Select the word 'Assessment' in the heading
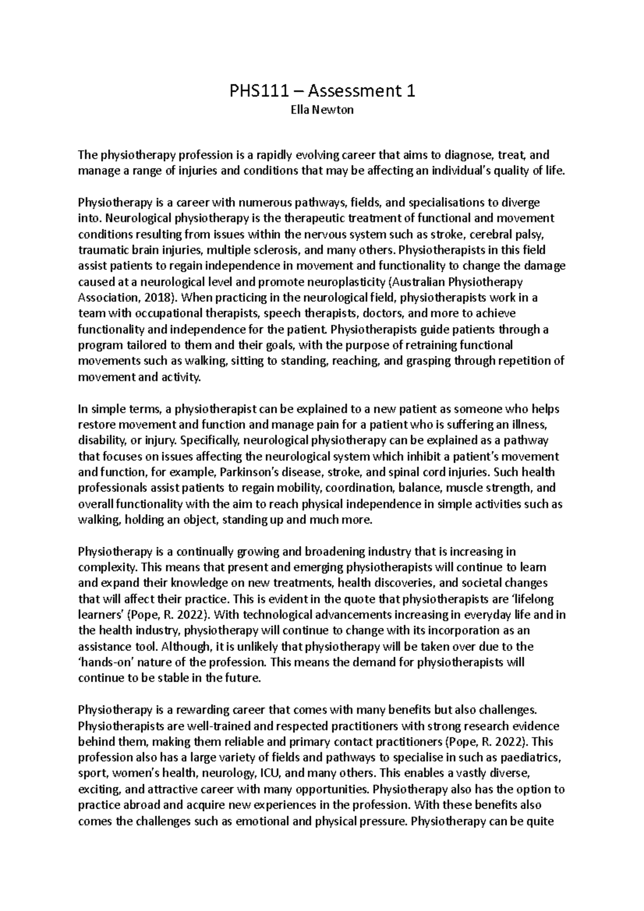pos(350,92)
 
